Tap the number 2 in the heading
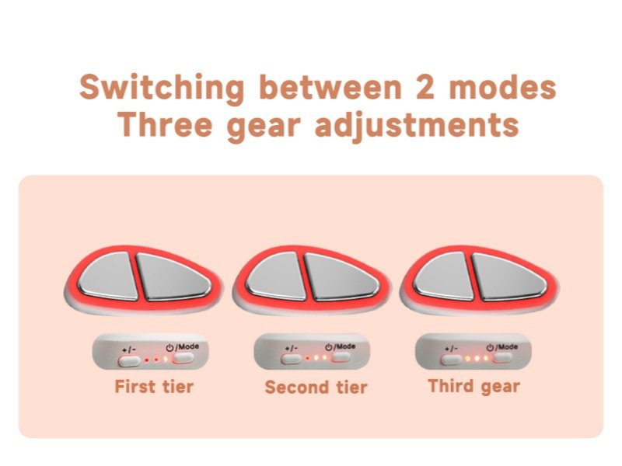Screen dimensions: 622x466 pyautogui.click(x=425, y=87)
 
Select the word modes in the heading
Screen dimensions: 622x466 pyautogui.click(x=502, y=87)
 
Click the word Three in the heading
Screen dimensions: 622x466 pyautogui.click(x=165, y=124)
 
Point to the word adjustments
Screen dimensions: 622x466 pyautogui.click(x=417, y=126)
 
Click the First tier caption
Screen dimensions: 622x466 pyautogui.click(x=154, y=386)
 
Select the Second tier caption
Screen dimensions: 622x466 pyautogui.click(x=316, y=387)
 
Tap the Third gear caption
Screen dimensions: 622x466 pyautogui.click(x=473, y=386)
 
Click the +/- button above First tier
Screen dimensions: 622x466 pyautogui.click(x=129, y=361)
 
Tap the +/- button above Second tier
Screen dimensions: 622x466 pyautogui.click(x=291, y=359)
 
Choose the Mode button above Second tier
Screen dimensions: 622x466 pyautogui.click(x=341, y=357)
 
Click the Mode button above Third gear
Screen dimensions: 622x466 pyautogui.click(x=502, y=358)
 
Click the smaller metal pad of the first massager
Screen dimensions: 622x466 pyautogui.click(x=109, y=276)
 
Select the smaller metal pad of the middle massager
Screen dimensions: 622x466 pyautogui.click(x=277, y=276)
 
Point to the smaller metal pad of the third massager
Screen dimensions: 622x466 pyautogui.click(x=444, y=276)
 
